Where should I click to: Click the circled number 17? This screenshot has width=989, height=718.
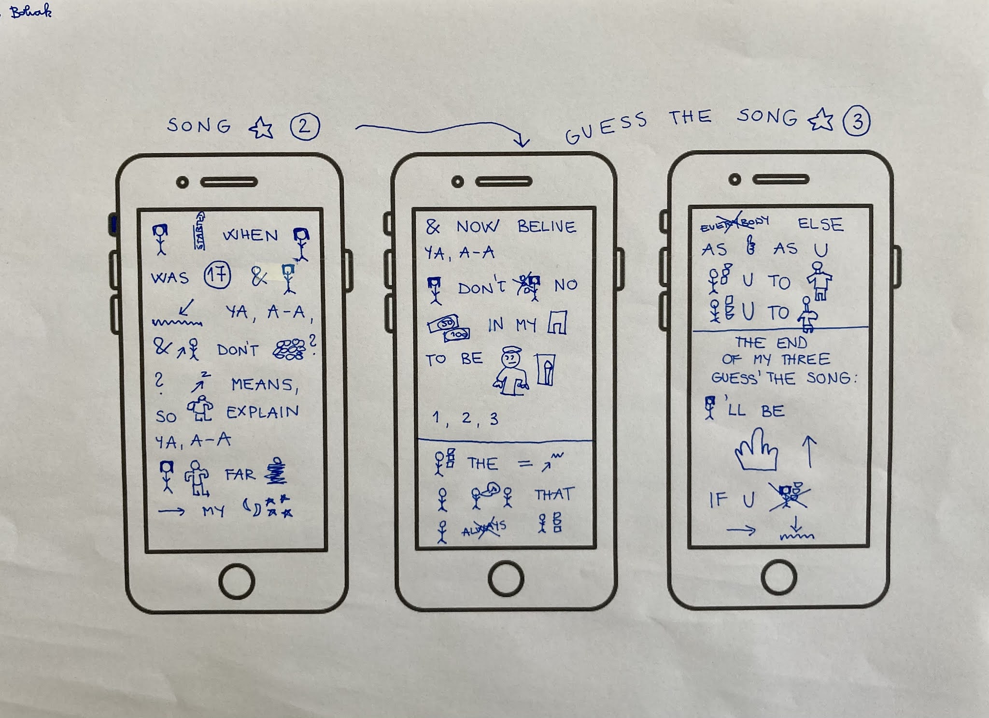point(217,276)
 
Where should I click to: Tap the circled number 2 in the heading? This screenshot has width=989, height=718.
point(305,127)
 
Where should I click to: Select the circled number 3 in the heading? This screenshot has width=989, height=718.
point(857,121)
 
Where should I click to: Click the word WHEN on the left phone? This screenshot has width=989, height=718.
point(250,235)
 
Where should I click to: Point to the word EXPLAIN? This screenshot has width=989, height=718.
point(263,412)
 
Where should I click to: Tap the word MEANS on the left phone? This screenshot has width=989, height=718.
point(264,385)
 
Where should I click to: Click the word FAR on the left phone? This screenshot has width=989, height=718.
point(240,474)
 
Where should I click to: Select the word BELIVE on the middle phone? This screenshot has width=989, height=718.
point(547,227)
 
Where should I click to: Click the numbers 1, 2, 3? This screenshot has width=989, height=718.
point(465,418)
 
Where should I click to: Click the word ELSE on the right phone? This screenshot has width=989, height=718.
point(820,224)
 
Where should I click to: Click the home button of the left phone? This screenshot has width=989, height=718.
point(237,581)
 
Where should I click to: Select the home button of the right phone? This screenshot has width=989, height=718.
point(779,578)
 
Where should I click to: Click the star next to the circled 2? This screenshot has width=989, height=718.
point(261,129)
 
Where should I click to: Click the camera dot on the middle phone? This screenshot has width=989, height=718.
point(457,182)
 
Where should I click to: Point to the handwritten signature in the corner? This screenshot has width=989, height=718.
point(31,12)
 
